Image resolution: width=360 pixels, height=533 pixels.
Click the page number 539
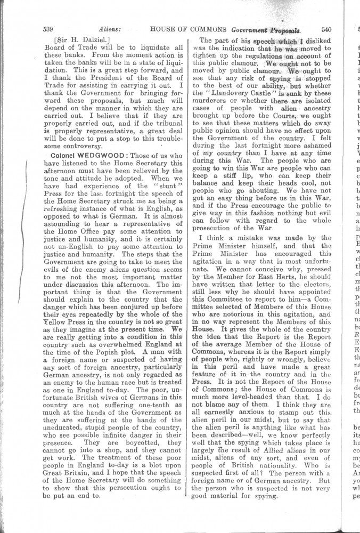(x=50, y=29)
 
